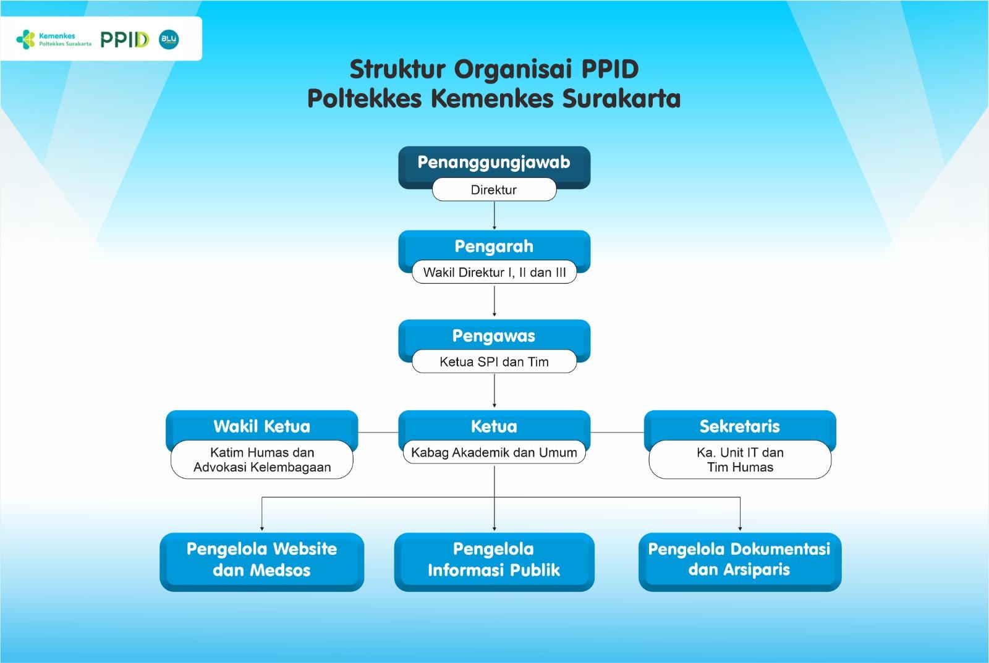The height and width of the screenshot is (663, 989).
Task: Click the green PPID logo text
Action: tap(124, 40)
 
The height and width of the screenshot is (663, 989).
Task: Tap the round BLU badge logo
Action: tap(169, 40)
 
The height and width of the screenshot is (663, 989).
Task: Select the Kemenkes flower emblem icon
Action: tap(26, 40)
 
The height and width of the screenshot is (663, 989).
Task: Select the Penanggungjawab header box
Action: tap(494, 163)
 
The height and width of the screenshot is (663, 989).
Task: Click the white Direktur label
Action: tap(494, 190)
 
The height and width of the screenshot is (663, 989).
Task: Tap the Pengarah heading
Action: tap(494, 247)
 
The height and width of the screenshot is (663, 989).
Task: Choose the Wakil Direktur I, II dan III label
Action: tap(494, 272)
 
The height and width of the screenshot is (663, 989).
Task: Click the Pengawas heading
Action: tap(494, 336)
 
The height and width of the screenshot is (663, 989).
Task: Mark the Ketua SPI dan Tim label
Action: tap(494, 362)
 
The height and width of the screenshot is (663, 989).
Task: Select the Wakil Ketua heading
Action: tap(261, 426)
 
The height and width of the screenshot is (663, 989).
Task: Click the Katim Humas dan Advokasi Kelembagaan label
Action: tap(261, 460)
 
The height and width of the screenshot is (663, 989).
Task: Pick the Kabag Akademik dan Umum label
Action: tap(494, 452)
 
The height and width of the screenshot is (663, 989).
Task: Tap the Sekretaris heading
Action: tap(739, 426)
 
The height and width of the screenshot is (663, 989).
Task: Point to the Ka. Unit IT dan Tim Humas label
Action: tap(739, 460)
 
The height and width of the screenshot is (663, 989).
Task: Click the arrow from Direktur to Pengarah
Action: tap(494, 216)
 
